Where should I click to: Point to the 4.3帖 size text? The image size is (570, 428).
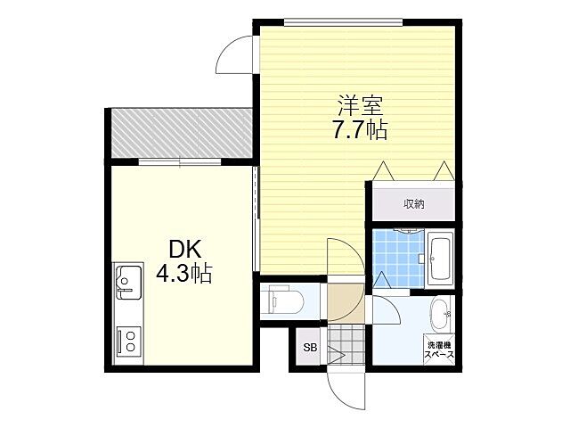[x=183, y=274]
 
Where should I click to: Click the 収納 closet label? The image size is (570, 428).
[x=413, y=204]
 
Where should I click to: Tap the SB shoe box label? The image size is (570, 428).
[x=310, y=348]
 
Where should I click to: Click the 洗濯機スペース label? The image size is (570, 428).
[x=440, y=349]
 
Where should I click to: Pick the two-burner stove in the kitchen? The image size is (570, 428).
[x=127, y=340]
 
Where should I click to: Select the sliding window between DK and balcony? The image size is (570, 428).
[x=180, y=162]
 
